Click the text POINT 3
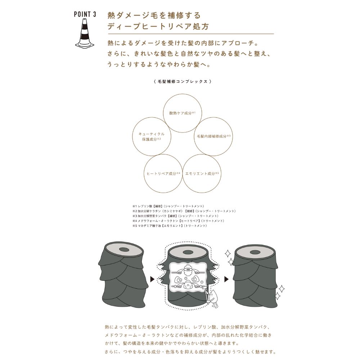[85, 14]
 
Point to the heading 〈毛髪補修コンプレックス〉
[183, 81]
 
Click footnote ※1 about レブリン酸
[168, 206]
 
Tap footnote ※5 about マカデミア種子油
[170, 226]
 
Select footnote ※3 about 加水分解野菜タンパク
[175, 216]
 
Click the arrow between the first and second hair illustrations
[152, 279]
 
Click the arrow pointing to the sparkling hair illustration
[226, 279]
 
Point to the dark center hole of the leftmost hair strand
[124, 249]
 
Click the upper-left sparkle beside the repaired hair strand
[228, 253]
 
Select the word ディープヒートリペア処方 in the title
[158, 27]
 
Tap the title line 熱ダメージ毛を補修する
[154, 15]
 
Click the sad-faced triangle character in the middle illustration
[188, 285]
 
